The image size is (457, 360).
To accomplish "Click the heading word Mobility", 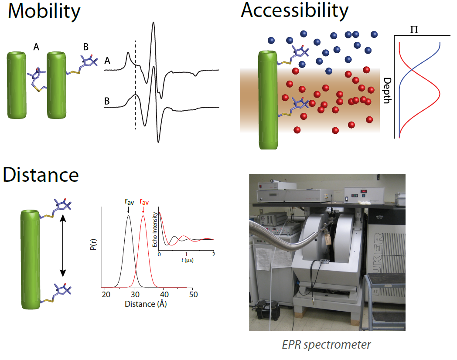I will click(44, 12).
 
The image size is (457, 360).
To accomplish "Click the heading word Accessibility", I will click(295, 10).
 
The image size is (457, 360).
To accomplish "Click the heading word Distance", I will click(41, 175).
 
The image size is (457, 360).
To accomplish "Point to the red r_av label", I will click(143, 202).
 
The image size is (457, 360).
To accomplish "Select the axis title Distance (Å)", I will click(146, 304).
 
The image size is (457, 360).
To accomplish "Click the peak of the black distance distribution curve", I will click(128, 215).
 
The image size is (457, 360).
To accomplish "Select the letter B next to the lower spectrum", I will click(107, 102).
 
